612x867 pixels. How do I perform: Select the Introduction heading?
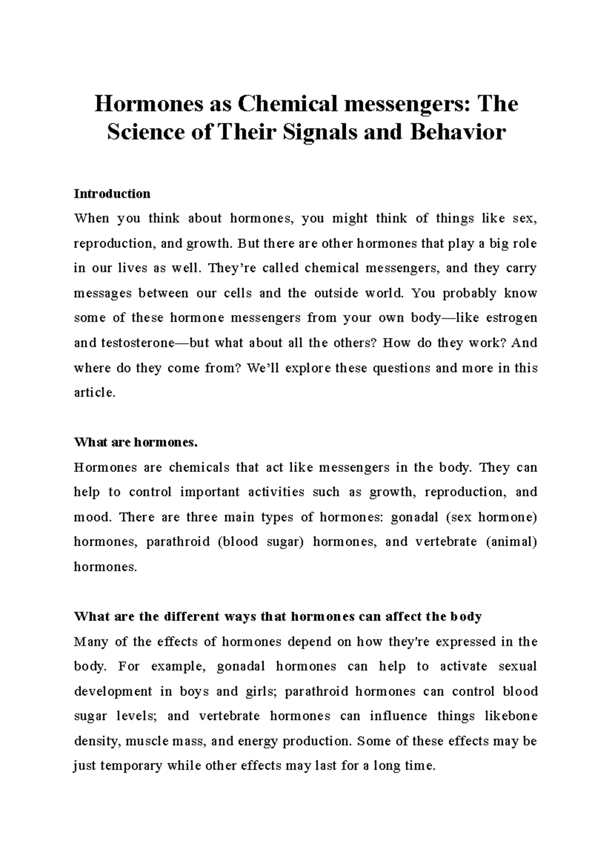tap(112, 194)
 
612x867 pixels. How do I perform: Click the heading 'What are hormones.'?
tap(136, 442)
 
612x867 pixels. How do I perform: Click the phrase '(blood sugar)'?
tap(260, 542)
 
